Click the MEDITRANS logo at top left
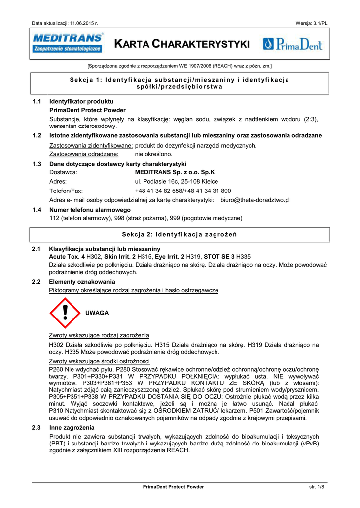click(68, 43)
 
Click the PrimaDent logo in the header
click(292, 44)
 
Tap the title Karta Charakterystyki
click(182, 44)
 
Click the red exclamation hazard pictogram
click(65, 314)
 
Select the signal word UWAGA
click(97, 313)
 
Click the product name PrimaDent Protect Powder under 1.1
click(87, 110)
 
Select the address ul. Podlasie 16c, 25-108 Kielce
click(176, 182)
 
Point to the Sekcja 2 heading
click(179, 234)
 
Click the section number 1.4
click(36, 210)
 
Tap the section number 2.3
click(36, 428)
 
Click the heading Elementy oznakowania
click(81, 282)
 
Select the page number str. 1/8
click(316, 487)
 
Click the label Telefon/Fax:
click(66, 191)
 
